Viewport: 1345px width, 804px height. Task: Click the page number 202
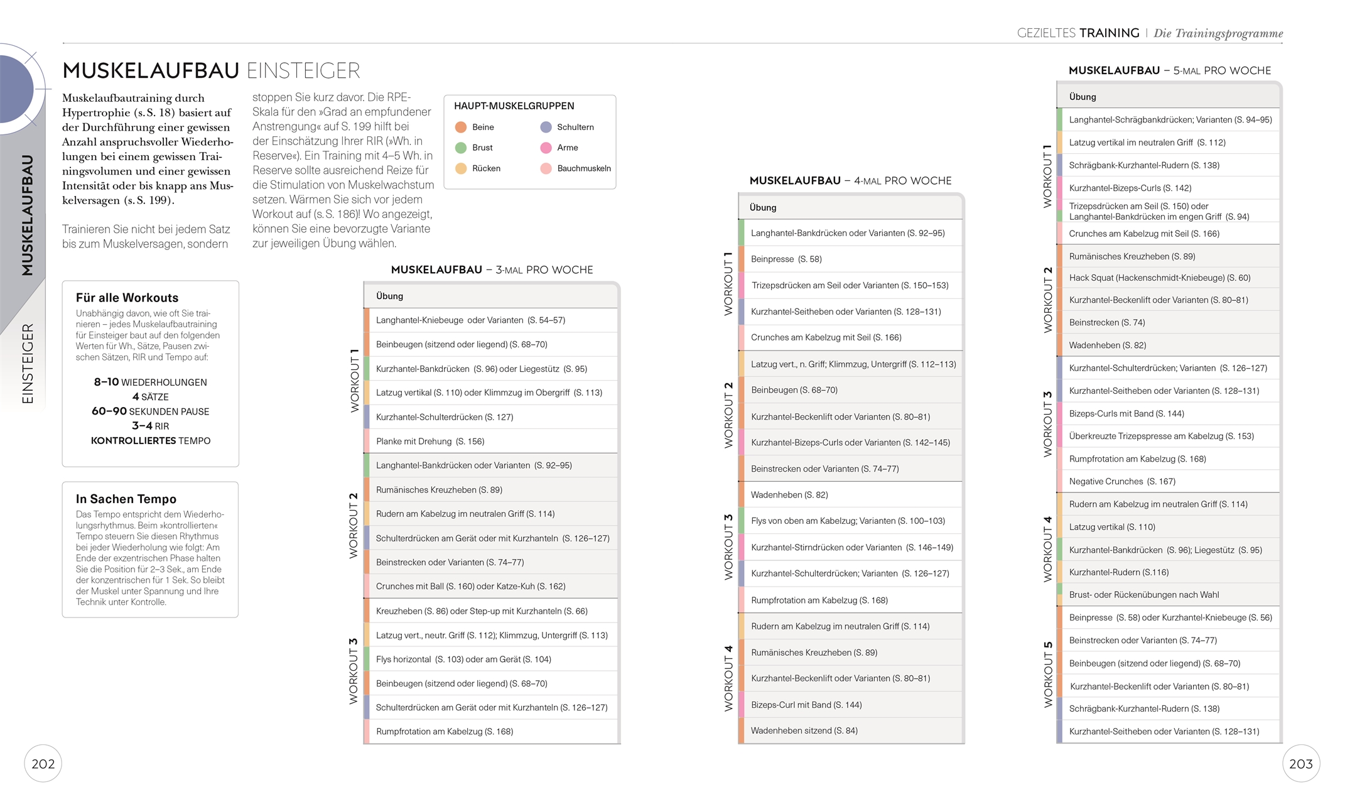click(43, 764)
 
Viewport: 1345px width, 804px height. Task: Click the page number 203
click(1300, 764)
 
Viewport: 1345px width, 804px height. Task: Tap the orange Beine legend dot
click(461, 127)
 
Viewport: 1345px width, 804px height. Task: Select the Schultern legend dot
click(546, 127)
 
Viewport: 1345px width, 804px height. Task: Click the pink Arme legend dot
click(546, 148)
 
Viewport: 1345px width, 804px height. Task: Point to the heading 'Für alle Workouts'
click(127, 298)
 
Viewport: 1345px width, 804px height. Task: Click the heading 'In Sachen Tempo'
click(126, 499)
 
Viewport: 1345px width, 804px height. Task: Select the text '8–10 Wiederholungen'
click(150, 382)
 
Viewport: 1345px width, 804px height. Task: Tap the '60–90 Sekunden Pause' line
click(150, 411)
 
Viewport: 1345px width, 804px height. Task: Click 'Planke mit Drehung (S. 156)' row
click(430, 441)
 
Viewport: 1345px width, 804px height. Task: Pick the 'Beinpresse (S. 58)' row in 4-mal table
click(786, 259)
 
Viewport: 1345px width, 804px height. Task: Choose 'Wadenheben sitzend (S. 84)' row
click(804, 731)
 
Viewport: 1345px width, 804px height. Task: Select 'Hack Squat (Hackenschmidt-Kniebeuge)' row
click(1159, 278)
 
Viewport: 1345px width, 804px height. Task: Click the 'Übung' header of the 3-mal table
click(389, 296)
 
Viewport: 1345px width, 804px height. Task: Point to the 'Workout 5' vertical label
click(1048, 674)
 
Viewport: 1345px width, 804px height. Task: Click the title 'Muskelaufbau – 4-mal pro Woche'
click(850, 181)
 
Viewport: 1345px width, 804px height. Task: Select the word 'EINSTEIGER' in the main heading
click(303, 71)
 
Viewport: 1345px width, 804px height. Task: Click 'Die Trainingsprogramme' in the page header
click(1218, 33)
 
